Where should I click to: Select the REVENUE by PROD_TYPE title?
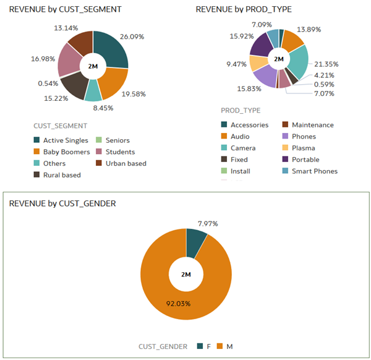244,10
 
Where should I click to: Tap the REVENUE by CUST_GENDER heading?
59,203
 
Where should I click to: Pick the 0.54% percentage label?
48,83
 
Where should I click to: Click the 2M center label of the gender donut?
185,274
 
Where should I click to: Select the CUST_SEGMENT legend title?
60,125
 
